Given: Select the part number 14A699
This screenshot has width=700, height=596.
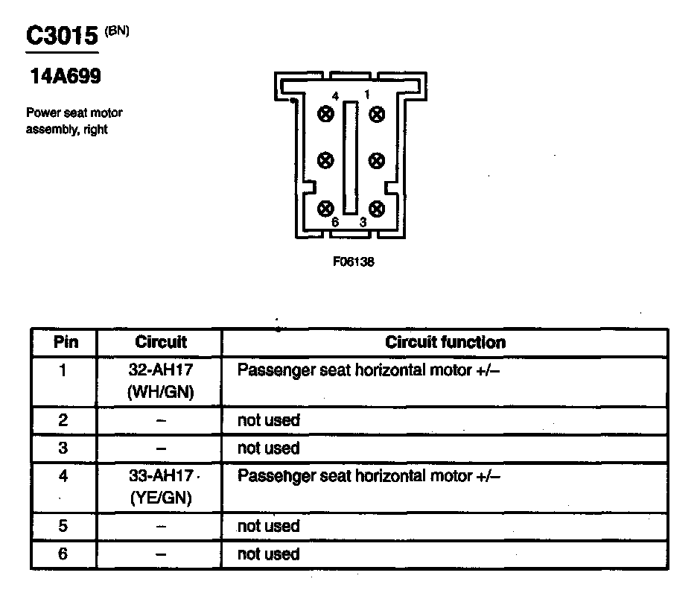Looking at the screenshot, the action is click(66, 77).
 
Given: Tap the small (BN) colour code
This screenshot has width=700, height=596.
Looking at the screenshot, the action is click(117, 31).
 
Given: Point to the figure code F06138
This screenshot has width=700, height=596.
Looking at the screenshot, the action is click(354, 262).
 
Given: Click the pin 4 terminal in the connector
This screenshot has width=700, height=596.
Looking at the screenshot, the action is click(325, 113).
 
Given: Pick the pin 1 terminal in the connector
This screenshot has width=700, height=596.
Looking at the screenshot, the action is click(377, 113).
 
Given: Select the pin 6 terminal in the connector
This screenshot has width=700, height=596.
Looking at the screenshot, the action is click(325, 208).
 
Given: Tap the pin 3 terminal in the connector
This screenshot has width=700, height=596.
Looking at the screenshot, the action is click(377, 208).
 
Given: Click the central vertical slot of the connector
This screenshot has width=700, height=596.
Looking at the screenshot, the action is click(351, 159).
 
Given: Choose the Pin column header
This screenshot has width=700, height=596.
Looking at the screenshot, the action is click(64, 343).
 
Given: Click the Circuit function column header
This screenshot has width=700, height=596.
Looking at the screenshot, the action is click(445, 343).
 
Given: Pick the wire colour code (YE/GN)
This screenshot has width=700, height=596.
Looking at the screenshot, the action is click(161, 498).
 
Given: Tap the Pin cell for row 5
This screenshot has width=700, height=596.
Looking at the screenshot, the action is click(64, 526).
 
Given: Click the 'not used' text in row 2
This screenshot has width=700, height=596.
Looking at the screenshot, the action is click(268, 420).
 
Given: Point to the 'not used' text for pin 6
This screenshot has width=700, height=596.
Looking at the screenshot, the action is click(268, 554).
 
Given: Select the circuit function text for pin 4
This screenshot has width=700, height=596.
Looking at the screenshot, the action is click(368, 476).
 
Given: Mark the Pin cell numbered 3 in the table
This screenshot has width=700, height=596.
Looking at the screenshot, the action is click(64, 448).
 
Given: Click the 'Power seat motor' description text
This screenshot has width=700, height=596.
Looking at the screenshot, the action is click(74, 113).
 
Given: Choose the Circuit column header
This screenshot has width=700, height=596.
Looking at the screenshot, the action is click(161, 343).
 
